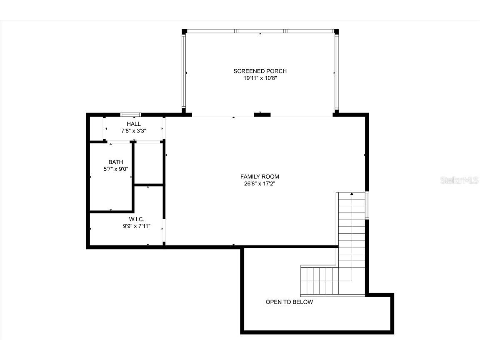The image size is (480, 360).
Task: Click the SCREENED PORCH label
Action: tap(260, 71)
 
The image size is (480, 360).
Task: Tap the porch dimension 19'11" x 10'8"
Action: tap(260, 78)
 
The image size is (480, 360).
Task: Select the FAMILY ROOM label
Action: tap(260, 176)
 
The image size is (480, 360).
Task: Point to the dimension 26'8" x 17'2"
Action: tap(260, 183)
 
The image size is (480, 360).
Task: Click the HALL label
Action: tap(134, 124)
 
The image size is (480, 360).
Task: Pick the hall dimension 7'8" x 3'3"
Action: tap(134, 130)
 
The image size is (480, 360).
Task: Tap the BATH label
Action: tap(116, 162)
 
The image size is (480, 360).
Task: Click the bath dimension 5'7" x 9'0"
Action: tap(116, 169)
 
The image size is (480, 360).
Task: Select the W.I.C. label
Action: tap(137, 219)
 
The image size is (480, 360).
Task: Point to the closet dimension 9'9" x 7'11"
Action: tap(136, 226)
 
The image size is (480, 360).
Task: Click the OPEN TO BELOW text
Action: tap(289, 302)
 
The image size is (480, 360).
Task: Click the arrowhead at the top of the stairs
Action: tap(352, 194)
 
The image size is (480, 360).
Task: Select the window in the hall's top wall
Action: tap(130, 115)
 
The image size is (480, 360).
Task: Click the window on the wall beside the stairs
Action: tap(367, 205)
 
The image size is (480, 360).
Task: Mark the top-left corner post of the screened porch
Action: tap(184, 31)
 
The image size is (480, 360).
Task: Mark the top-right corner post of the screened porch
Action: tap(336, 31)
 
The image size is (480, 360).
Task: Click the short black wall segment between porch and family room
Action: tap(262, 115)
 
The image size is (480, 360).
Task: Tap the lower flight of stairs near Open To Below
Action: tap(321, 281)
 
